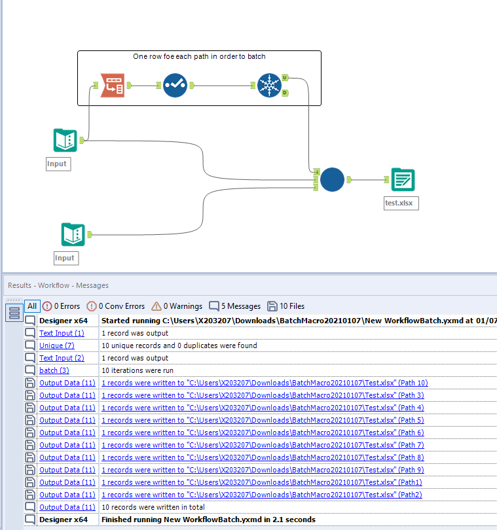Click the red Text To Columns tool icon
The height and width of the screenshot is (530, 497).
pos(112,85)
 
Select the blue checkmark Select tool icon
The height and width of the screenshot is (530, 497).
pos(175,85)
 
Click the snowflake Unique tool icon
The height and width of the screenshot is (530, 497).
pos(268,86)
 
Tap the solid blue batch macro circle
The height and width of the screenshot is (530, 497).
pos(333,179)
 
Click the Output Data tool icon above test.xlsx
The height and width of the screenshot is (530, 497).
pos(402,179)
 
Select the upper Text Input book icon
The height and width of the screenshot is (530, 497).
pos(65,140)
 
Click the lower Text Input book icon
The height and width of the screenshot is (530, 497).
pos(73,234)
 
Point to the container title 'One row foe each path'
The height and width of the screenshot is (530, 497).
pos(199,57)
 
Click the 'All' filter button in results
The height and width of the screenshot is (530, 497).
pos(32,306)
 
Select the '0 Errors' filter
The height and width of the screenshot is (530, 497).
pos(61,306)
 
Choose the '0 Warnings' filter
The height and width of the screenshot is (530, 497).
pos(177,306)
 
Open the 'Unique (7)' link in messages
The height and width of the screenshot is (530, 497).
pos(57,345)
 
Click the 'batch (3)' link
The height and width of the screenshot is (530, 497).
pos(54,370)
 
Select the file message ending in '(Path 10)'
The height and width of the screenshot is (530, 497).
pos(265,383)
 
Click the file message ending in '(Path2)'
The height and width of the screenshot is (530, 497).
pos(262,495)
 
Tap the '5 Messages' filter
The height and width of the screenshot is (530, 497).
pos(234,306)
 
